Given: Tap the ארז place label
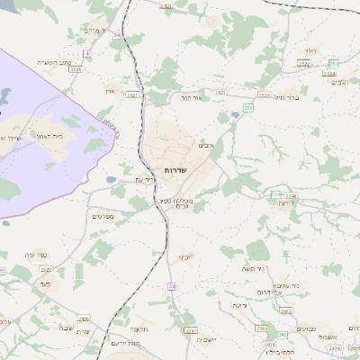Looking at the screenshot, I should coord(110,90).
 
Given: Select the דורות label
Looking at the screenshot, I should coord(288,203).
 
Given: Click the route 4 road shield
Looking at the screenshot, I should coord(87,53).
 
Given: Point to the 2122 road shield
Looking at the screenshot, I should coord(47,269).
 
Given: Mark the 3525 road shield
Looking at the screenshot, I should coord(265,94).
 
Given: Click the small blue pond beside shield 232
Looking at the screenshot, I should coord(236,114).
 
